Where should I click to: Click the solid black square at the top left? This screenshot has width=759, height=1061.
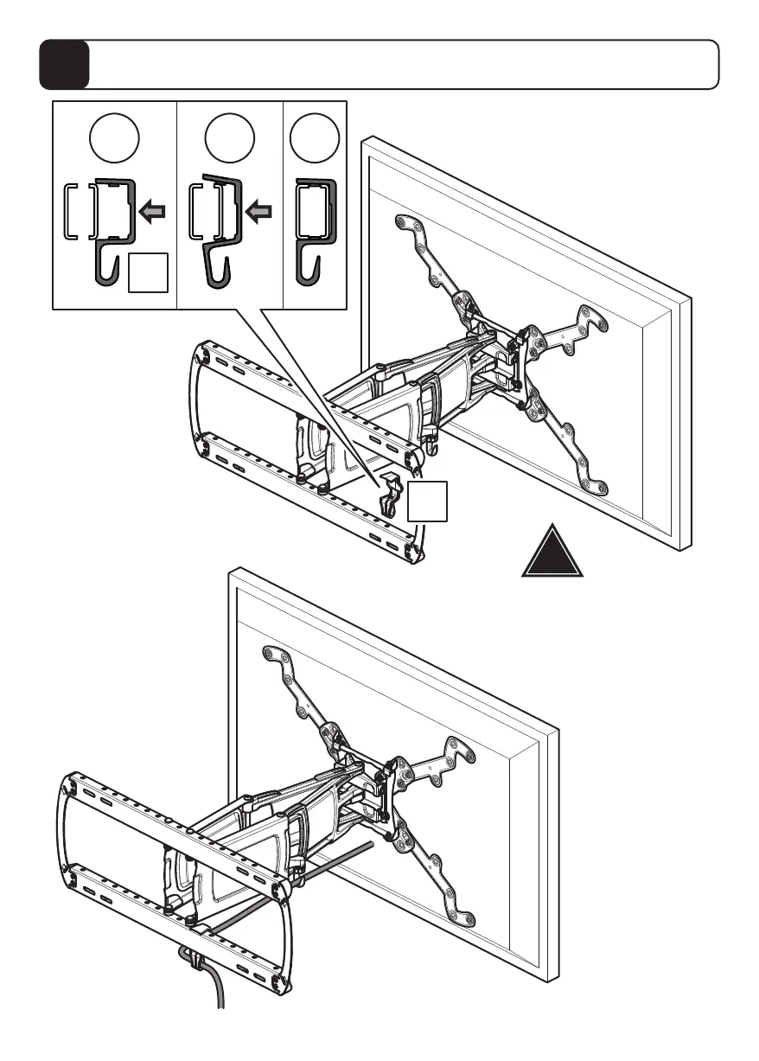[x=64, y=65]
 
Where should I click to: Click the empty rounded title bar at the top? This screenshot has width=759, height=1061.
[x=404, y=65]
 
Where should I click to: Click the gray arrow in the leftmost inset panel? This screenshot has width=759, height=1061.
[x=153, y=211]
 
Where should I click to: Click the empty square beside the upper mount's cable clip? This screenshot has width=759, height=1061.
[x=428, y=502]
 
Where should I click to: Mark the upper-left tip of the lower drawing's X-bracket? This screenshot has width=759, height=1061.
[x=271, y=654]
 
